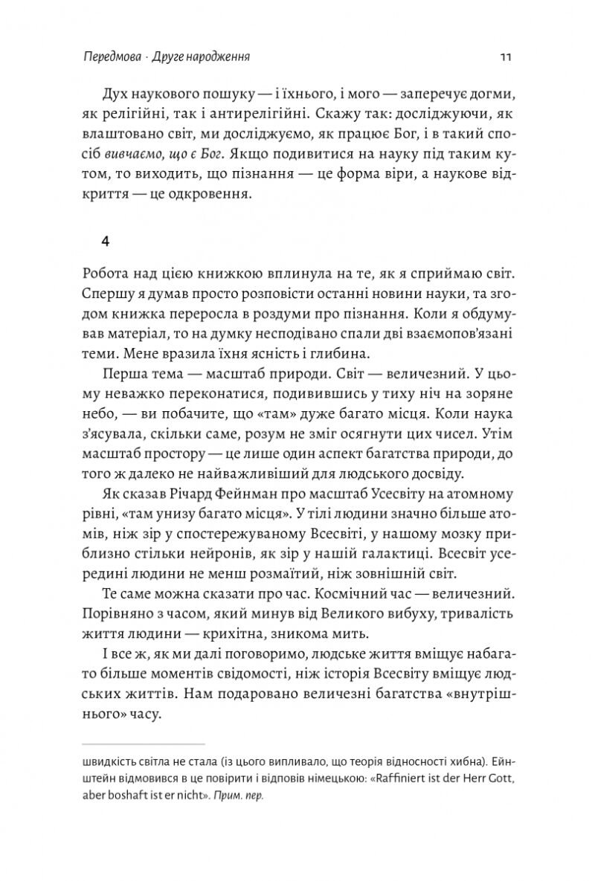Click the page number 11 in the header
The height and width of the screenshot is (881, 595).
(x=505, y=57)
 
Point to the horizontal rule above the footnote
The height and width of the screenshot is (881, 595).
(x=143, y=743)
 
